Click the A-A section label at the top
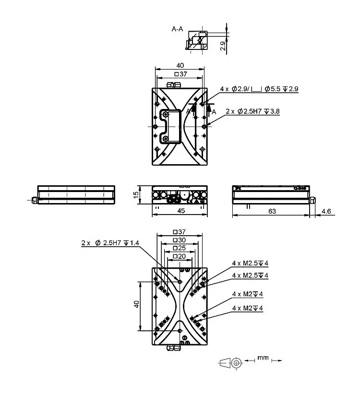click(177, 29)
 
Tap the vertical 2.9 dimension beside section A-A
click(223, 46)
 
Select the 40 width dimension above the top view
click(180, 65)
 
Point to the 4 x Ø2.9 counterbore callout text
click(259, 89)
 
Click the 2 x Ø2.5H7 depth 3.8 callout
click(252, 111)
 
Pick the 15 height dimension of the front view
click(136, 194)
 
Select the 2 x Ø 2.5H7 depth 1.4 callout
click(110, 243)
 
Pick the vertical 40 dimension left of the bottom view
click(136, 304)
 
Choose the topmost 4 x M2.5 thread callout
click(250, 263)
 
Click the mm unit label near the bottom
click(263, 358)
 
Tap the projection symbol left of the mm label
click(230, 362)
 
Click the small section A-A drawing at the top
click(196, 41)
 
